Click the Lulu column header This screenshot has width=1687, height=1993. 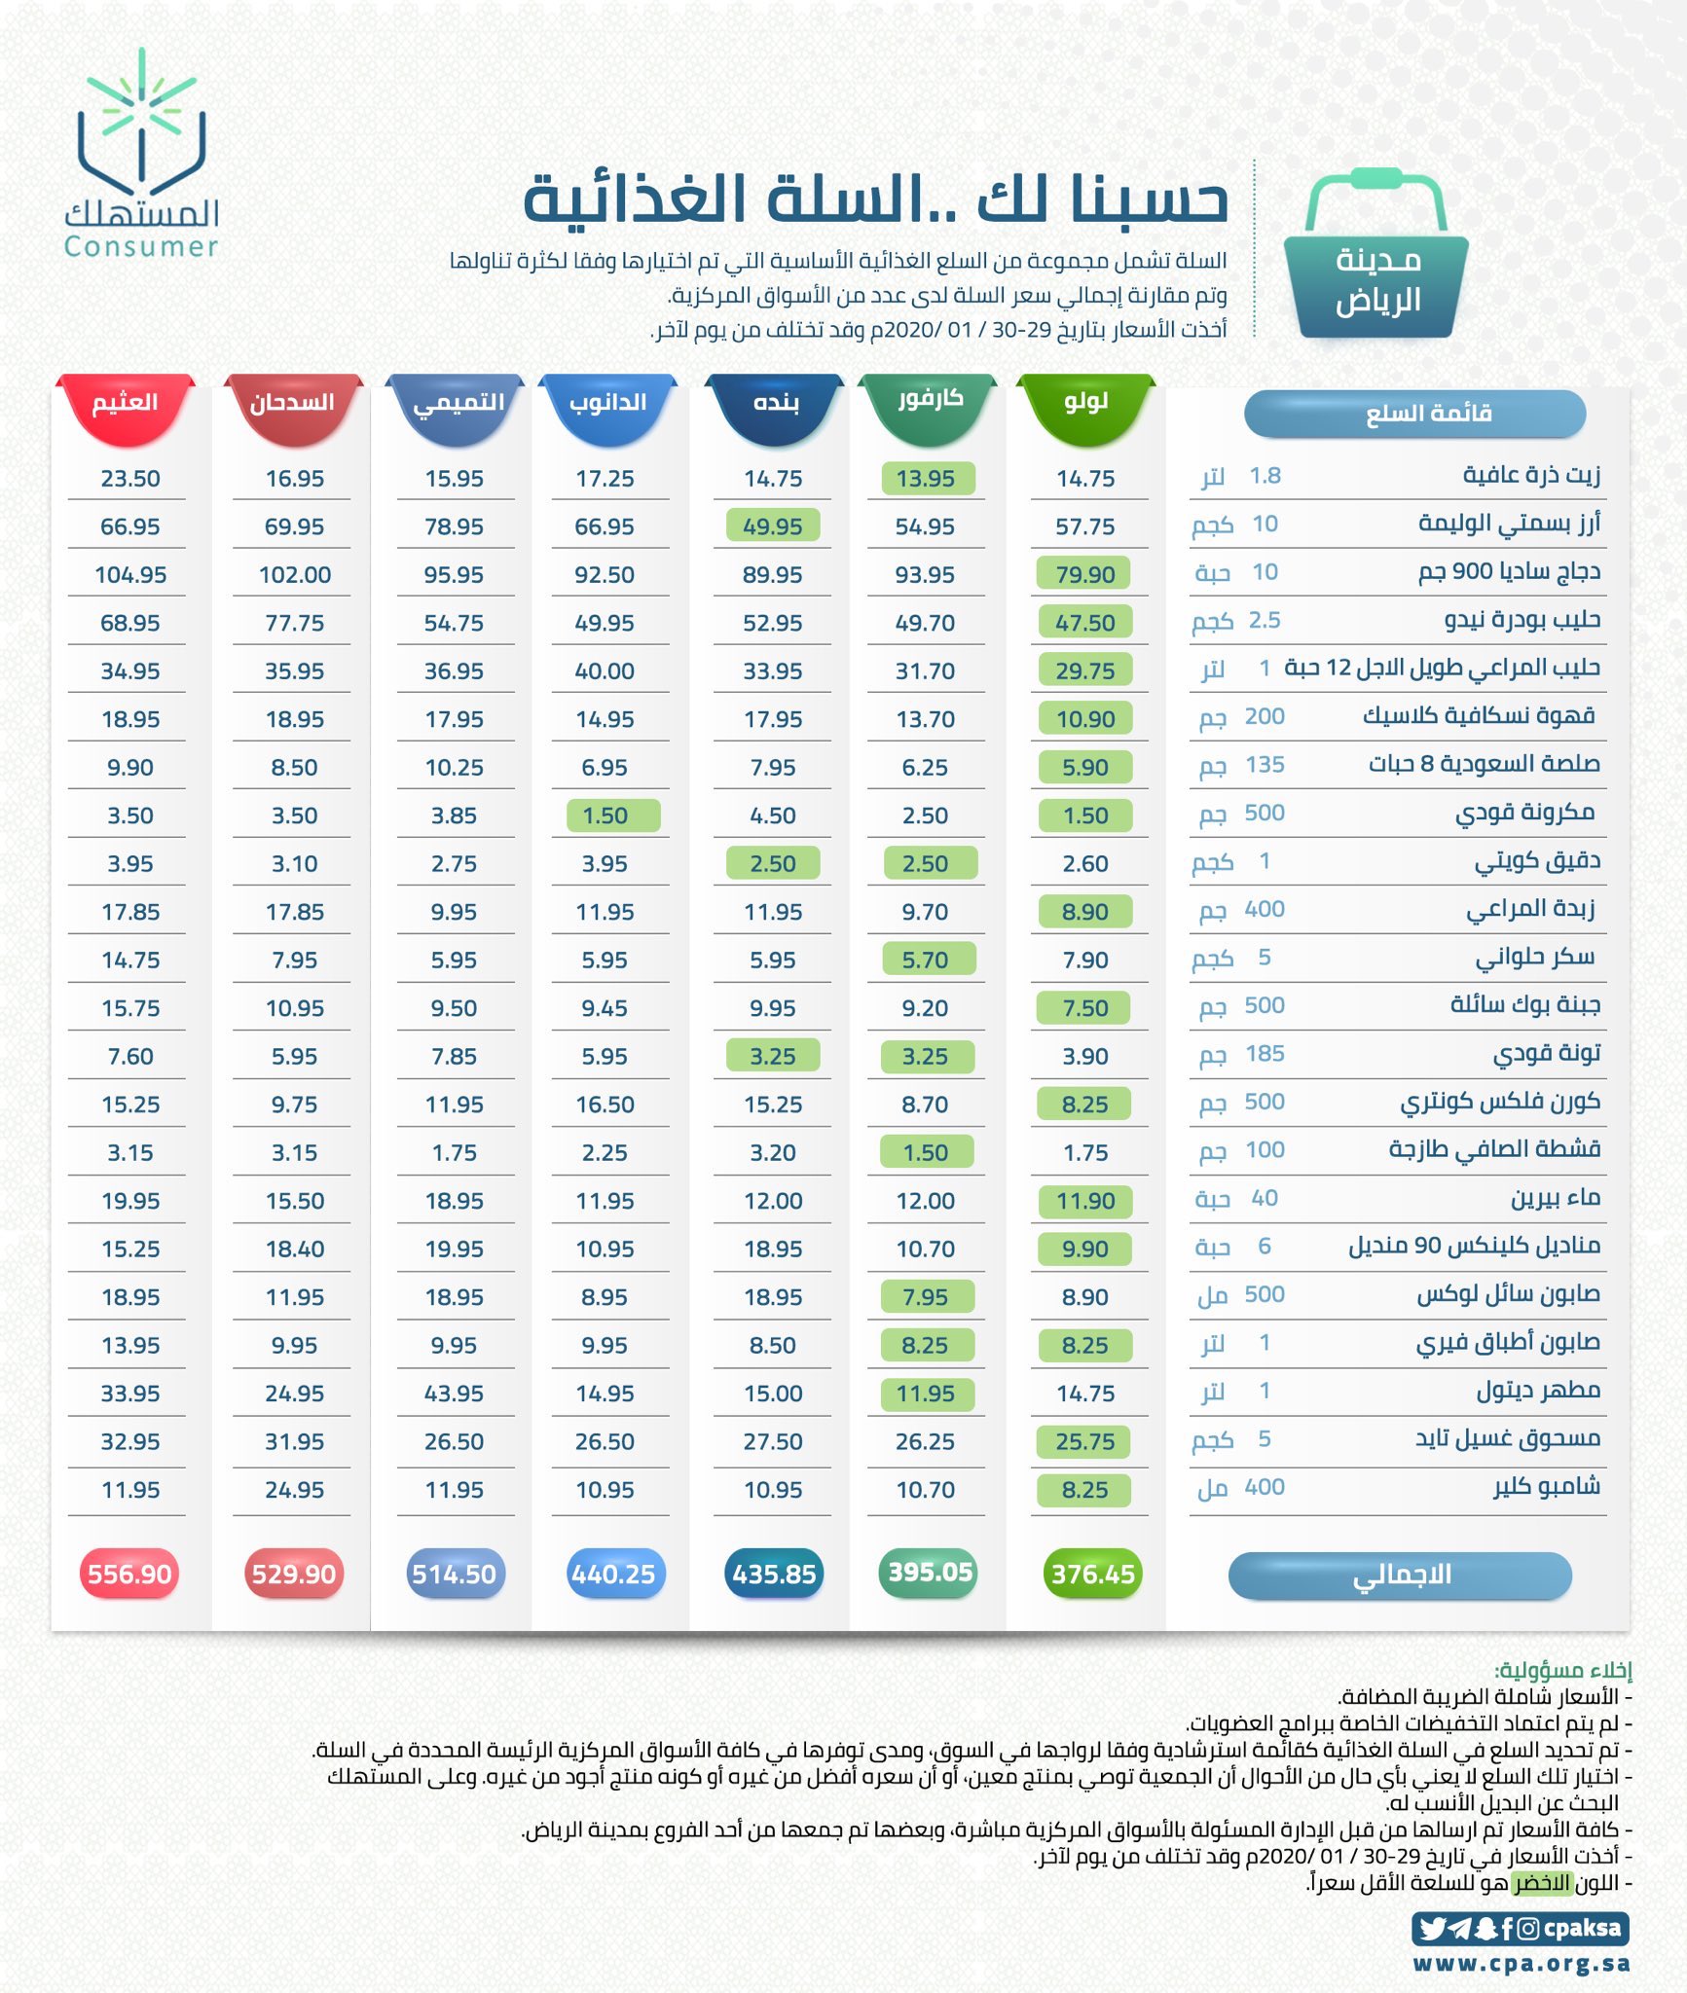tap(1085, 402)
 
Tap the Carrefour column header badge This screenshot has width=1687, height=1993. tap(930, 399)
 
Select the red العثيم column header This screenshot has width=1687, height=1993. tap(125, 403)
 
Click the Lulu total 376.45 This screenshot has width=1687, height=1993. tap(1092, 1574)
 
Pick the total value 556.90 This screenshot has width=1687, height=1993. tap(129, 1574)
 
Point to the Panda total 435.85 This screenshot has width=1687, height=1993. tap(774, 1574)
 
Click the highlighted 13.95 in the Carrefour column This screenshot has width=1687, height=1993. tap(926, 479)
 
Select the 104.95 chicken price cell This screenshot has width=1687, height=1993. tap(130, 575)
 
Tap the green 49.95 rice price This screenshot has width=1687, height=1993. tap(773, 526)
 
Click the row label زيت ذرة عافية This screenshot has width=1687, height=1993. tap(1531, 475)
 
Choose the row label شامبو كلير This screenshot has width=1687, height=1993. tap(1547, 1487)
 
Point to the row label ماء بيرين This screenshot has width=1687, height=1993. tap(1555, 1198)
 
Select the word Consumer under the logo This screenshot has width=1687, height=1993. tap(141, 247)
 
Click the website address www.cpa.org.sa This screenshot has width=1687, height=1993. tap(1522, 1964)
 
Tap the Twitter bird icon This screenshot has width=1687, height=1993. tap(1432, 1928)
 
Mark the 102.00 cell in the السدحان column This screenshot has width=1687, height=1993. tap(295, 575)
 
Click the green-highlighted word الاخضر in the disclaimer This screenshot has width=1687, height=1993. tap(1542, 1883)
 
